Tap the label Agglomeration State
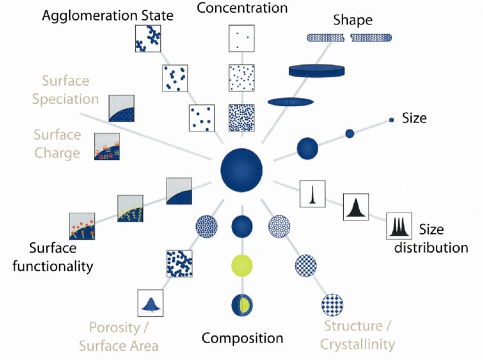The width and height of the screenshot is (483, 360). pyautogui.click(x=107, y=16)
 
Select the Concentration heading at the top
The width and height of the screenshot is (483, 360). pyautogui.click(x=242, y=8)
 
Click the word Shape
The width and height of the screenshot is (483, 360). pyautogui.click(x=352, y=20)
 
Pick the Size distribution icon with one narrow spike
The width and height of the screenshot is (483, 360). pyautogui.click(x=311, y=193)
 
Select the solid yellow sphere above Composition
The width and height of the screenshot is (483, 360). pyautogui.click(x=242, y=265)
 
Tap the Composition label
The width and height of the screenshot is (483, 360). pyautogui.click(x=242, y=338)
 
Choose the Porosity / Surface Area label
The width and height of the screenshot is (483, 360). pyautogui.click(x=118, y=336)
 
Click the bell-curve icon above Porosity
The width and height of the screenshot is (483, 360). pyautogui.click(x=151, y=304)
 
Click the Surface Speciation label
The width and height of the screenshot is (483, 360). pyautogui.click(x=65, y=89)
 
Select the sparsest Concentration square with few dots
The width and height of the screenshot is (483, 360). pyautogui.click(x=241, y=38)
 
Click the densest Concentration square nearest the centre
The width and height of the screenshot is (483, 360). pyautogui.click(x=241, y=118)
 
